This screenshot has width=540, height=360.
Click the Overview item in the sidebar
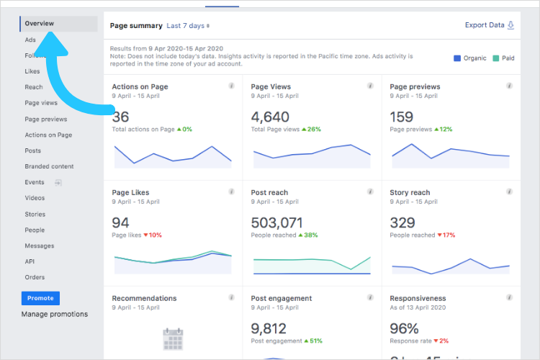pyautogui.click(x=40, y=24)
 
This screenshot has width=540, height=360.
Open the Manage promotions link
pyautogui.click(x=55, y=314)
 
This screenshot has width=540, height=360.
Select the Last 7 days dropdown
pyautogui.click(x=188, y=25)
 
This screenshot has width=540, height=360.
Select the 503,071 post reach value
pyautogui.click(x=277, y=222)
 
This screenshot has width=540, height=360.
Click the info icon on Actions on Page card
pyautogui.click(x=231, y=86)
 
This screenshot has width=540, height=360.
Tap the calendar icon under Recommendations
pyautogui.click(x=173, y=338)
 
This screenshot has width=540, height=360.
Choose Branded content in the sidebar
pyautogui.click(x=49, y=166)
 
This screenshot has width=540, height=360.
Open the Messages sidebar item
pyautogui.click(x=40, y=246)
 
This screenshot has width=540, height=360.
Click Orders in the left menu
pyautogui.click(x=35, y=277)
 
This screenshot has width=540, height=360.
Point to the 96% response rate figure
pyautogui.click(x=404, y=328)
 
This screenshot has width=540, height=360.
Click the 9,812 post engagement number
pyautogui.click(x=269, y=328)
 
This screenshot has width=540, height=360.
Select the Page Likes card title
pyautogui.click(x=130, y=192)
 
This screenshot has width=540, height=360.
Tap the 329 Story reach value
pyautogui.click(x=402, y=222)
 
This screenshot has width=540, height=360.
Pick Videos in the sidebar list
pyautogui.click(x=35, y=198)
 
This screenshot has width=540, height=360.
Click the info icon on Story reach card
pyautogui.click(x=509, y=192)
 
